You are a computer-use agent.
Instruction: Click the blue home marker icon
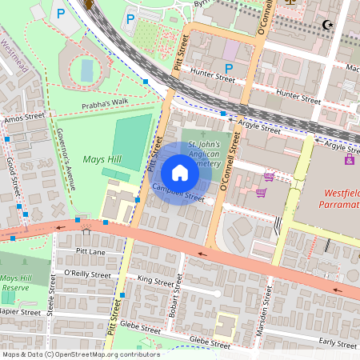(180, 173)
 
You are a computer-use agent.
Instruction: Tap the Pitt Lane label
(90, 251)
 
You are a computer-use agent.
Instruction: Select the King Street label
(155, 282)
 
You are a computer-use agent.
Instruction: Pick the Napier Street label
(19, 312)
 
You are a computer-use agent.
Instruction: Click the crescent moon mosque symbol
(326, 25)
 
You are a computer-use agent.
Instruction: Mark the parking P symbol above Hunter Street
(230, 68)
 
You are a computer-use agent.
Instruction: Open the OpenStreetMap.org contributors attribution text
(80, 354)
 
